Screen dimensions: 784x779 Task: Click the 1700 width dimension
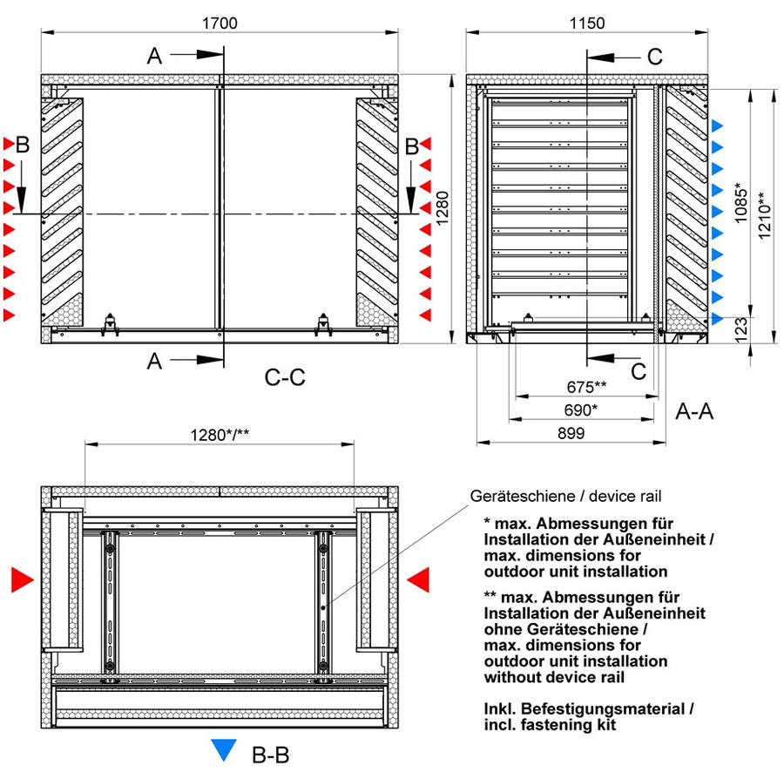220,23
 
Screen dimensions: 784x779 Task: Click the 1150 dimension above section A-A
587,23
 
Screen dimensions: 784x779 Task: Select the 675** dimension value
586,387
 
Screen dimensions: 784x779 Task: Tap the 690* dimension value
580,410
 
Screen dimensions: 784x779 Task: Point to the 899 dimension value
571,433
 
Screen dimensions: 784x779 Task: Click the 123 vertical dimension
741,329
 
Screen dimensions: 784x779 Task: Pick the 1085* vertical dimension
740,202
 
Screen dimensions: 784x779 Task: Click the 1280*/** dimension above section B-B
220,435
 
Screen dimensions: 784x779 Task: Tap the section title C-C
285,377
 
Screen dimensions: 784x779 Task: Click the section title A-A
694,411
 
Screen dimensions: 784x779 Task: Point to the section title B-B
271,755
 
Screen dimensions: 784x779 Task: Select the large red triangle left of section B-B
22,580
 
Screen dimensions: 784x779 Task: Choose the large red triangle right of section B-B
418,580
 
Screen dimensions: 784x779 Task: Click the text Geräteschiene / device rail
565,496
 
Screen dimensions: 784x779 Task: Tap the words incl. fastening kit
550,724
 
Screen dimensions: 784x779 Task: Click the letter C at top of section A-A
654,57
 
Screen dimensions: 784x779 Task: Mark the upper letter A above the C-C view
154,56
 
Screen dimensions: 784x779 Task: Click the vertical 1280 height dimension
443,208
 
